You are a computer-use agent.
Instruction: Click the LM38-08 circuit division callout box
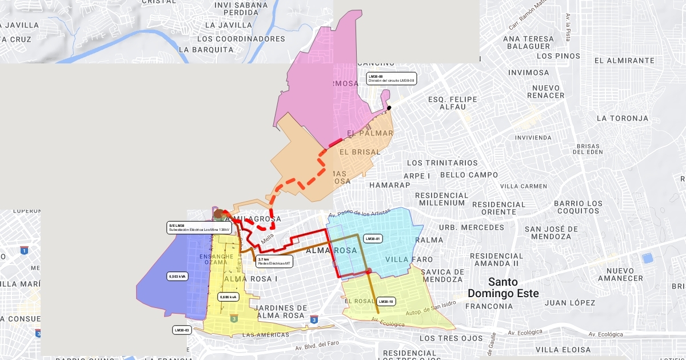pos(392,79)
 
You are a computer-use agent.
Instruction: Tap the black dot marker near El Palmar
pos(389,108)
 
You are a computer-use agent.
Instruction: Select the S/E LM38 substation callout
pos(199,228)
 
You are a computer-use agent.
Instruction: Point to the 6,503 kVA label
pos(178,277)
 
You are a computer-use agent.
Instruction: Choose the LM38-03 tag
pos(182,330)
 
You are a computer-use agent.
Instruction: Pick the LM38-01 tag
pos(373,239)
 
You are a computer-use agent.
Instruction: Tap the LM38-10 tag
pos(386,301)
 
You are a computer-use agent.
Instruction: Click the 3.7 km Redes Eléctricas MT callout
pos(274,262)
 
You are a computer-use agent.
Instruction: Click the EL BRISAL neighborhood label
pos(360,153)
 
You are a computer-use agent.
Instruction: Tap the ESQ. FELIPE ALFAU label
pos(453,103)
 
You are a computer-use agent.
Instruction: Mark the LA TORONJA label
pos(623,118)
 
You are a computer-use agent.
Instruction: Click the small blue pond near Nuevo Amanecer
pos(647,258)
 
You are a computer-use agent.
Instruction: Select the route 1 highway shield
pos(24,250)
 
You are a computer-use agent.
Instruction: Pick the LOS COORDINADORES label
pos(241,39)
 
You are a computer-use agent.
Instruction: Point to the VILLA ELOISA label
pos(563,350)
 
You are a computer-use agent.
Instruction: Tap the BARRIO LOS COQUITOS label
pos(578,207)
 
